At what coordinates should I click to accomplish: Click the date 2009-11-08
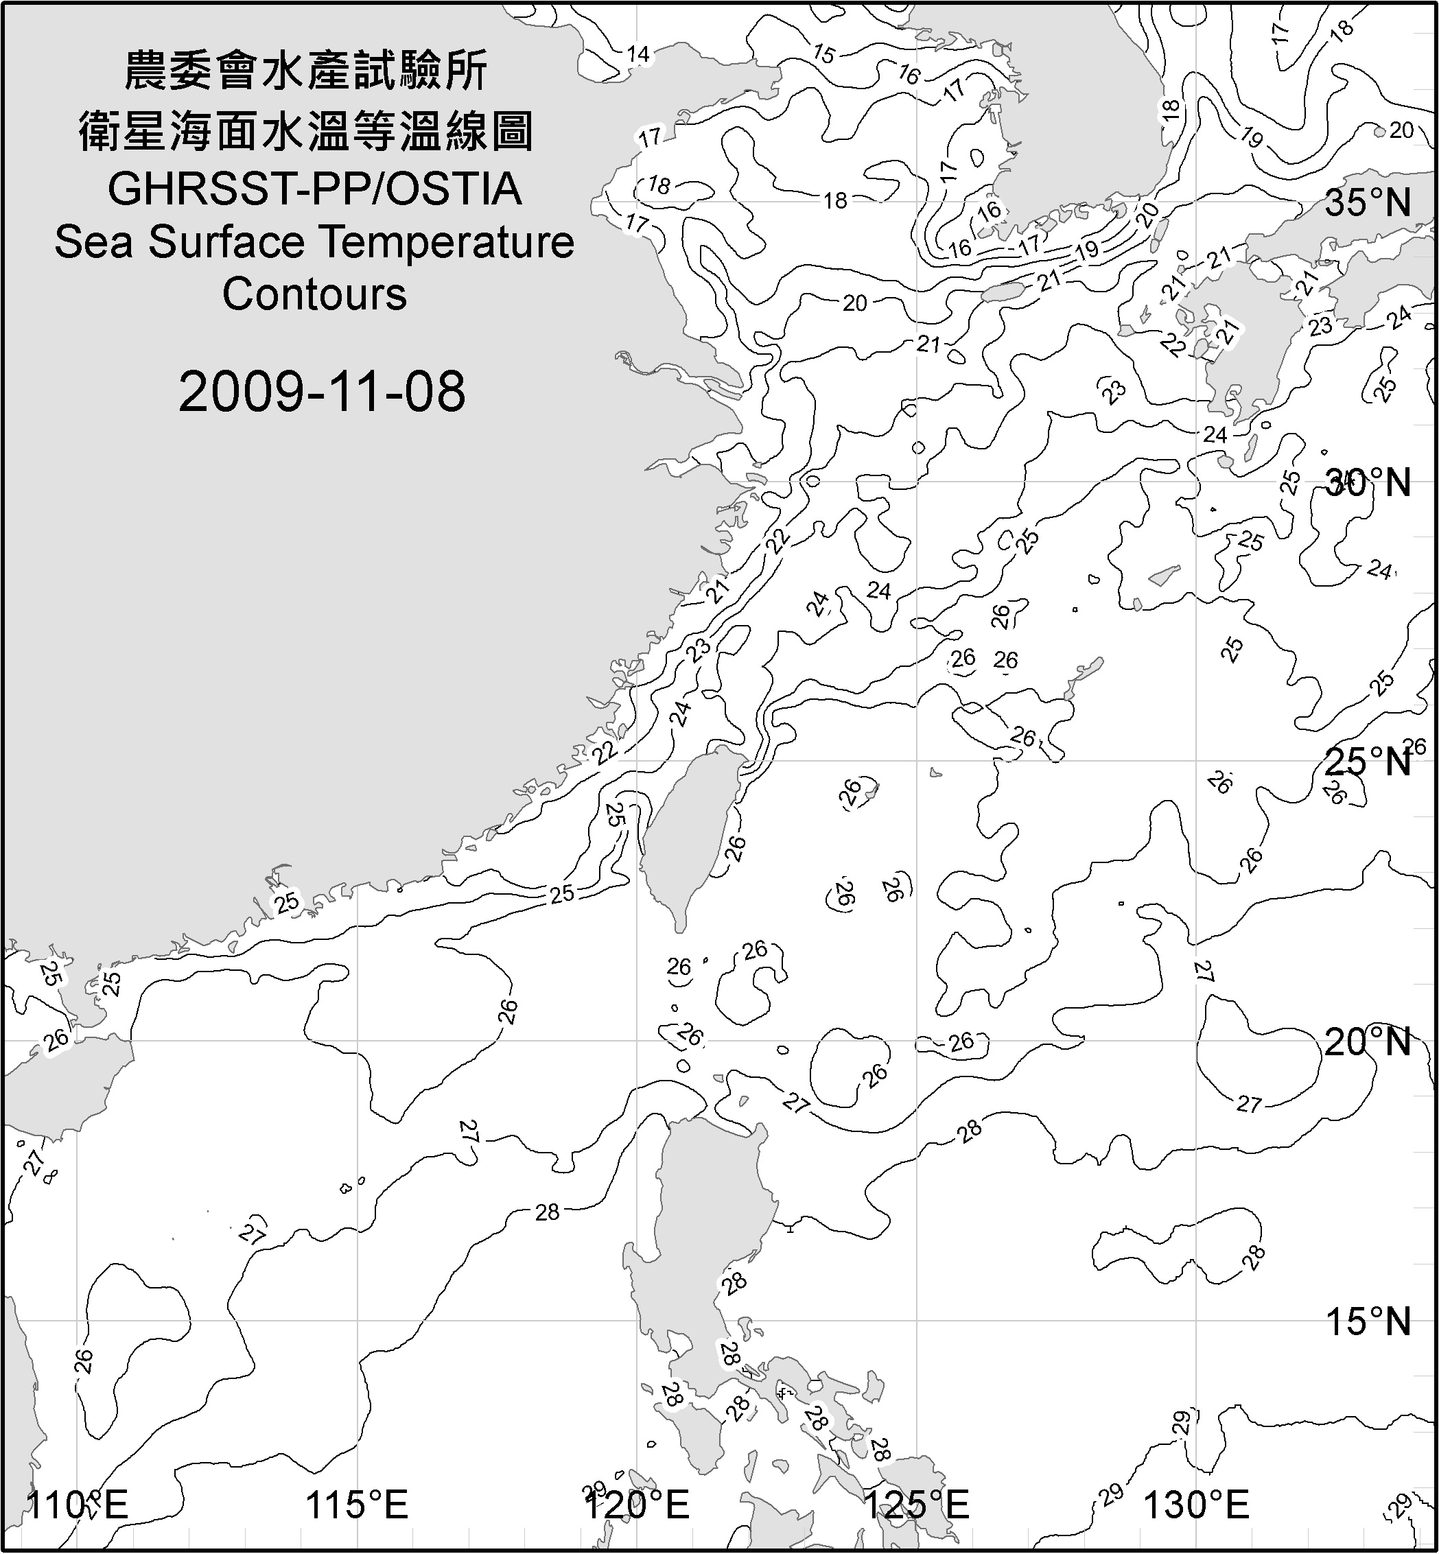click(322, 392)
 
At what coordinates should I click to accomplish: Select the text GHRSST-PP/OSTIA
click(314, 189)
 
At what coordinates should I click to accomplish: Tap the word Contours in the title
click(314, 294)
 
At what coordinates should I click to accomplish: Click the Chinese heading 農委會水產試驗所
click(306, 71)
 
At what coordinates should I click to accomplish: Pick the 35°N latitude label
click(1368, 203)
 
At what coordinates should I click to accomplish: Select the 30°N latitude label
click(1368, 484)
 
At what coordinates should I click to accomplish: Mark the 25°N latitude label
click(1368, 762)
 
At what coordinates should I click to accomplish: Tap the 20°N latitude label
click(1368, 1041)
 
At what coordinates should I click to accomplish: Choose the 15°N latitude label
click(1368, 1321)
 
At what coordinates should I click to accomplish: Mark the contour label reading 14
click(637, 54)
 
